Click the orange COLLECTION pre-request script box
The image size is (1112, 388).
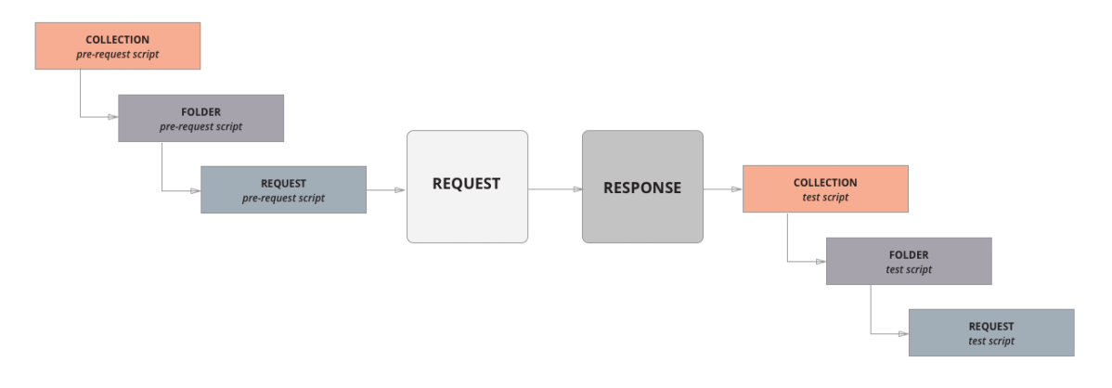[117, 46]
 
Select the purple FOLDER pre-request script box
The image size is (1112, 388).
[200, 118]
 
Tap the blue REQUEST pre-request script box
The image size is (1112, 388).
[283, 190]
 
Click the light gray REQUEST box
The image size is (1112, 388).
[467, 187]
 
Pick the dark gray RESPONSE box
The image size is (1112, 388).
[642, 188]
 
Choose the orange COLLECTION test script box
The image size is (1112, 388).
[825, 189]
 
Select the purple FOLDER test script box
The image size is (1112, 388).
[909, 262]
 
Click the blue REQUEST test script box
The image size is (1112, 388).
[990, 333]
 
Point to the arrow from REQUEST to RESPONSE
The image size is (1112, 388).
[554, 189]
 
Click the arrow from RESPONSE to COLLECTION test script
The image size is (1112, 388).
[723, 189]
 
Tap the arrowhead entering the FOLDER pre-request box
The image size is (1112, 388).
[112, 117]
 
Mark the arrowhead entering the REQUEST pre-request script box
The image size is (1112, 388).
[195, 190]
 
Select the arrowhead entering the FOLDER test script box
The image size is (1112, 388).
[821, 262]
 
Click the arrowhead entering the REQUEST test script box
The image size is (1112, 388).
[902, 333]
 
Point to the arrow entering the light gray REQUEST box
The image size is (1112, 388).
[387, 190]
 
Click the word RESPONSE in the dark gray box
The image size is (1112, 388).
[642, 188]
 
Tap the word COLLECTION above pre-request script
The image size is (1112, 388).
[117, 40]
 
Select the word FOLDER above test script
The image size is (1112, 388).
[909, 255]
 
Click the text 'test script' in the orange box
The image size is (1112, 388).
[825, 197]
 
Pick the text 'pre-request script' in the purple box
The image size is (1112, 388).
[200, 126]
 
